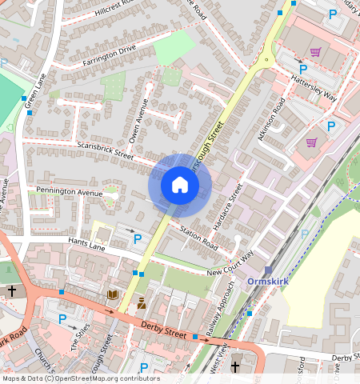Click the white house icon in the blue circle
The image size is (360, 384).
point(180,186)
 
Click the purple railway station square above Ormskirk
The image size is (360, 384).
point(269,270)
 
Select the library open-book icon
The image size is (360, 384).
point(112,295)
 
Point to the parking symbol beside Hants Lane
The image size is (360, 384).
point(137,239)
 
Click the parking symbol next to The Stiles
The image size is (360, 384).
point(62,319)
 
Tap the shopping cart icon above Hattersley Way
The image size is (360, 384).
point(315,53)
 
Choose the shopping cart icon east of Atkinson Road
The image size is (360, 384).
point(311,142)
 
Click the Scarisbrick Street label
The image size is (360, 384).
point(105,150)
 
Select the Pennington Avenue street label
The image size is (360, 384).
point(70,193)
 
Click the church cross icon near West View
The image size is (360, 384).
point(235,367)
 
